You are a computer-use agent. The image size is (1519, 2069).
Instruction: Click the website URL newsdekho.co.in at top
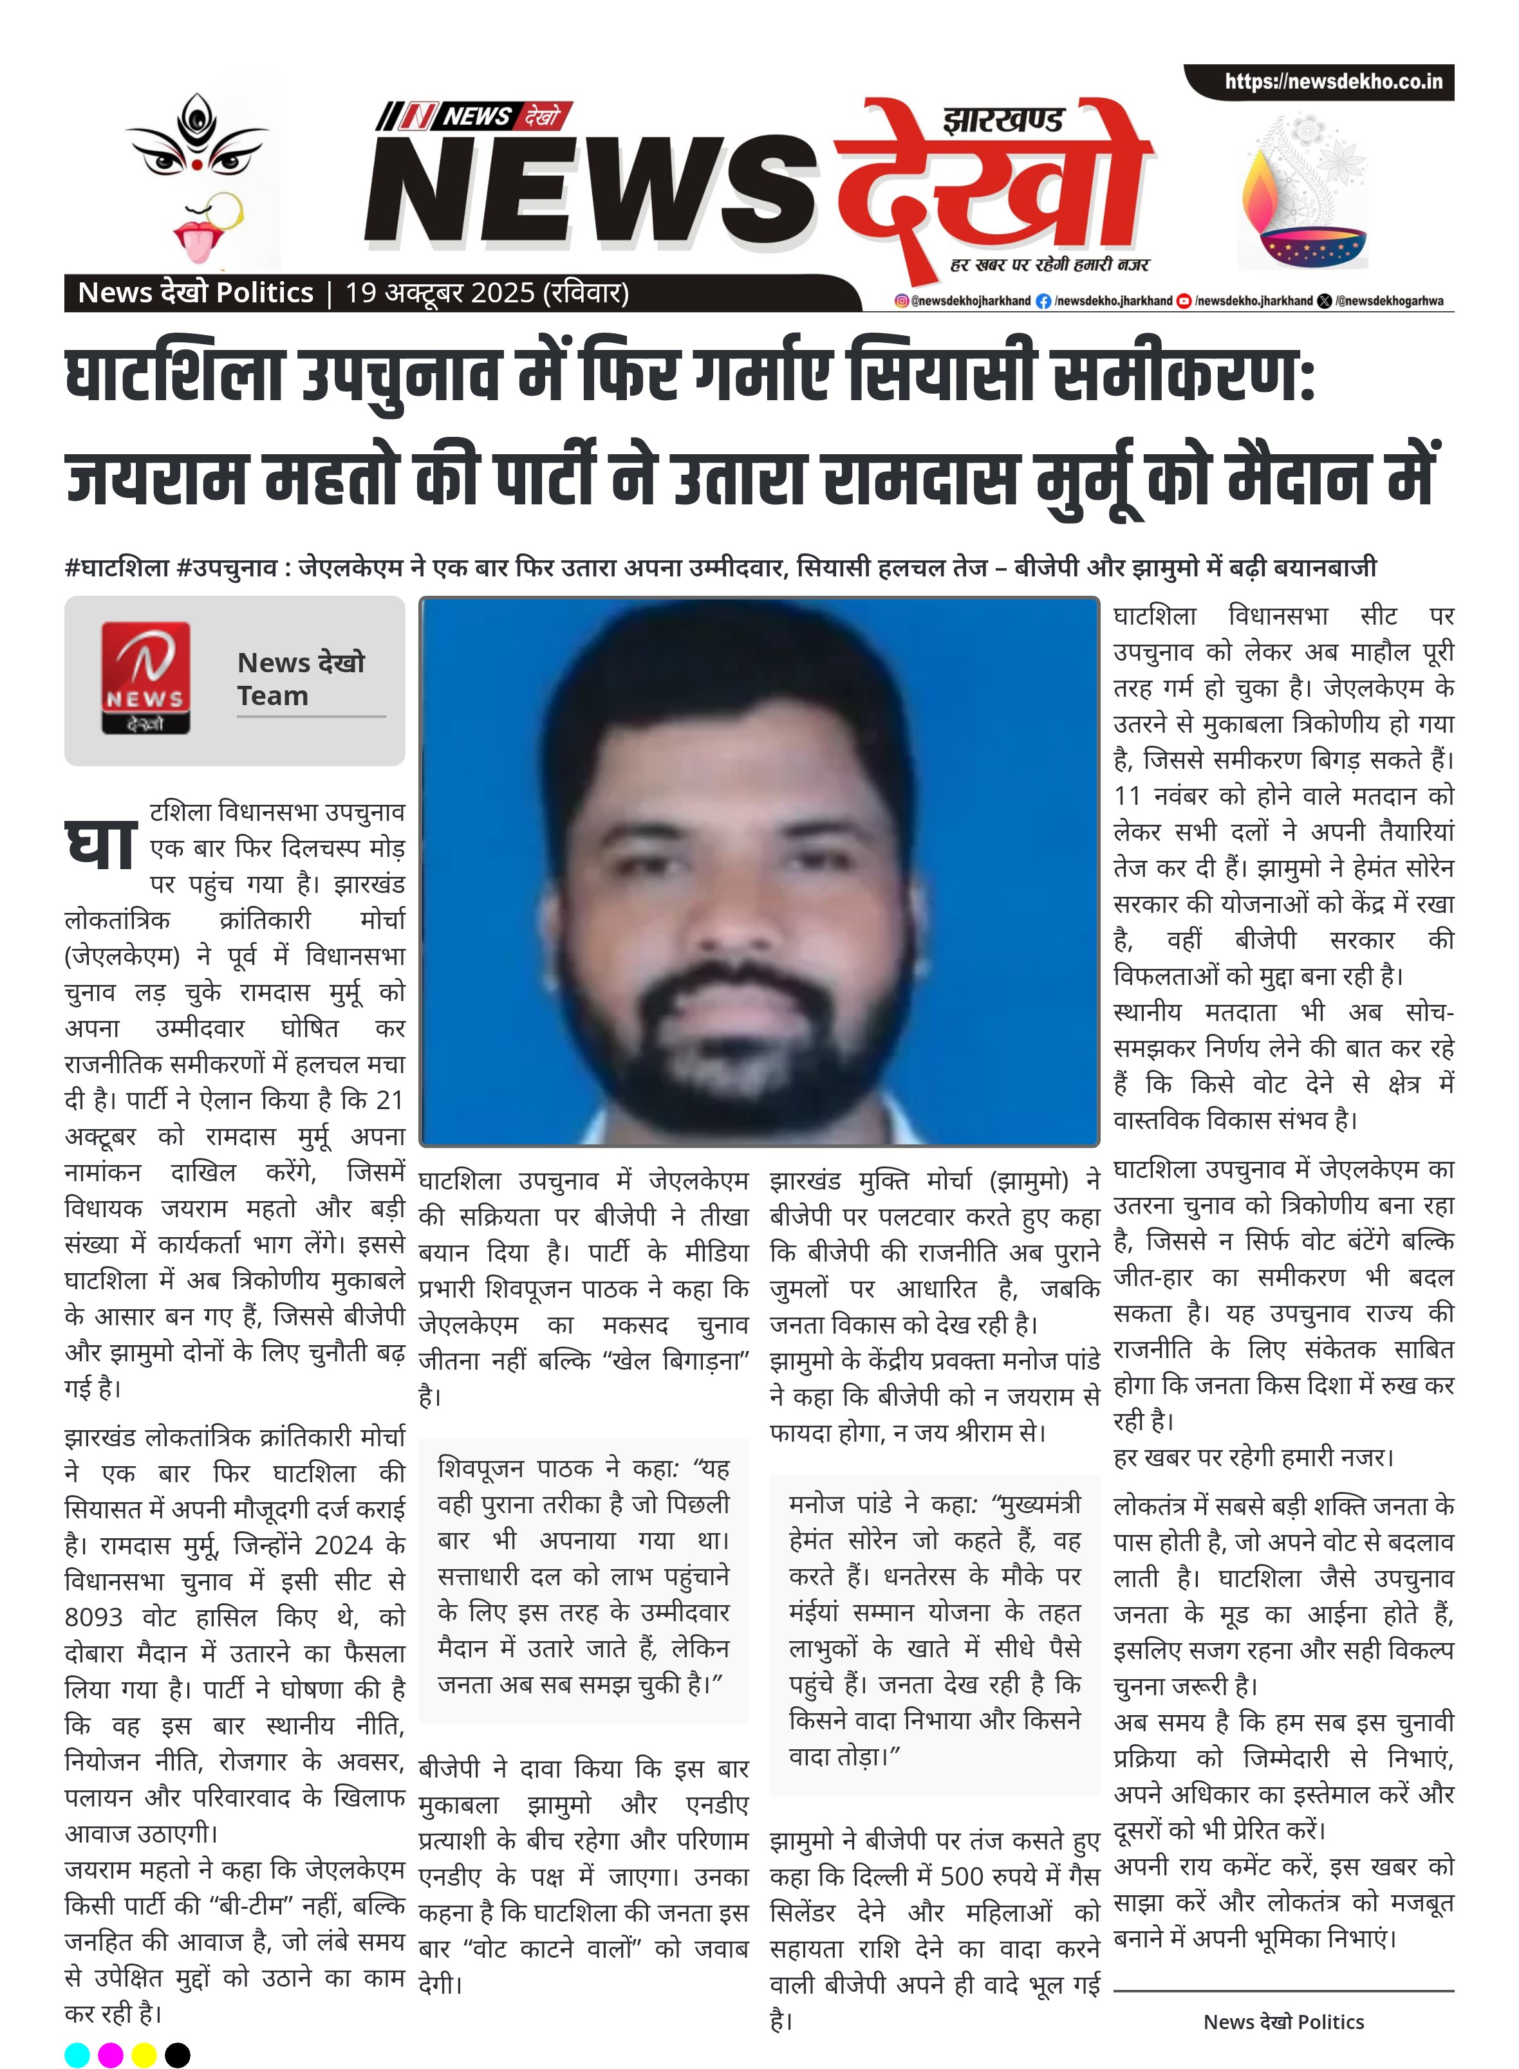pos(1332,82)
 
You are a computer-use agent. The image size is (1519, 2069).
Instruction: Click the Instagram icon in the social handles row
pos(902,300)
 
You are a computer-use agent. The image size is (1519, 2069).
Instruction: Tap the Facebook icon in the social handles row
pos(1043,300)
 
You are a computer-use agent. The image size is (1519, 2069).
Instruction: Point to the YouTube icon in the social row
pos(1184,300)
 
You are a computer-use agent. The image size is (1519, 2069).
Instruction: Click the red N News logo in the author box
pos(145,677)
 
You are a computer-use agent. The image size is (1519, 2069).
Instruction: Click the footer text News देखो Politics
pos(1283,2021)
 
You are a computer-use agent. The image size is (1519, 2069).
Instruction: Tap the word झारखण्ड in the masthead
pos(1002,120)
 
